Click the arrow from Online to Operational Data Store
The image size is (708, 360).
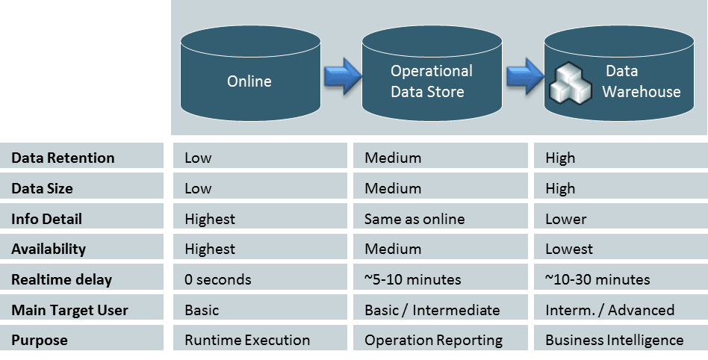tap(343, 77)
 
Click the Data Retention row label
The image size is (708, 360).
tap(63, 158)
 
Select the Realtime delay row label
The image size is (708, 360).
tap(61, 280)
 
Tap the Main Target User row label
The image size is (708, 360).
tap(69, 310)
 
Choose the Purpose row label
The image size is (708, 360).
tap(39, 340)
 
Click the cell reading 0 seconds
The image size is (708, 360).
tap(218, 280)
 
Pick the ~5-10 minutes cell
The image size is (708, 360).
tap(413, 280)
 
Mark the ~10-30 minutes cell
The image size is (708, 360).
tap(597, 280)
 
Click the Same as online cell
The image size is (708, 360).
tap(414, 219)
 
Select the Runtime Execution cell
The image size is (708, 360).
tap(247, 340)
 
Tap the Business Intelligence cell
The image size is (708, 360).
tap(614, 340)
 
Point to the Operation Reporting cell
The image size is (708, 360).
tap(433, 340)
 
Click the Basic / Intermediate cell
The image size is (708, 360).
tap(432, 310)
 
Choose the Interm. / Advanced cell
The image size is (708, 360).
tap(609, 310)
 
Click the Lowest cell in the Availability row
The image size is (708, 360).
tap(569, 249)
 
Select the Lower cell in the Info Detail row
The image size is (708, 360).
tap(565, 219)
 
